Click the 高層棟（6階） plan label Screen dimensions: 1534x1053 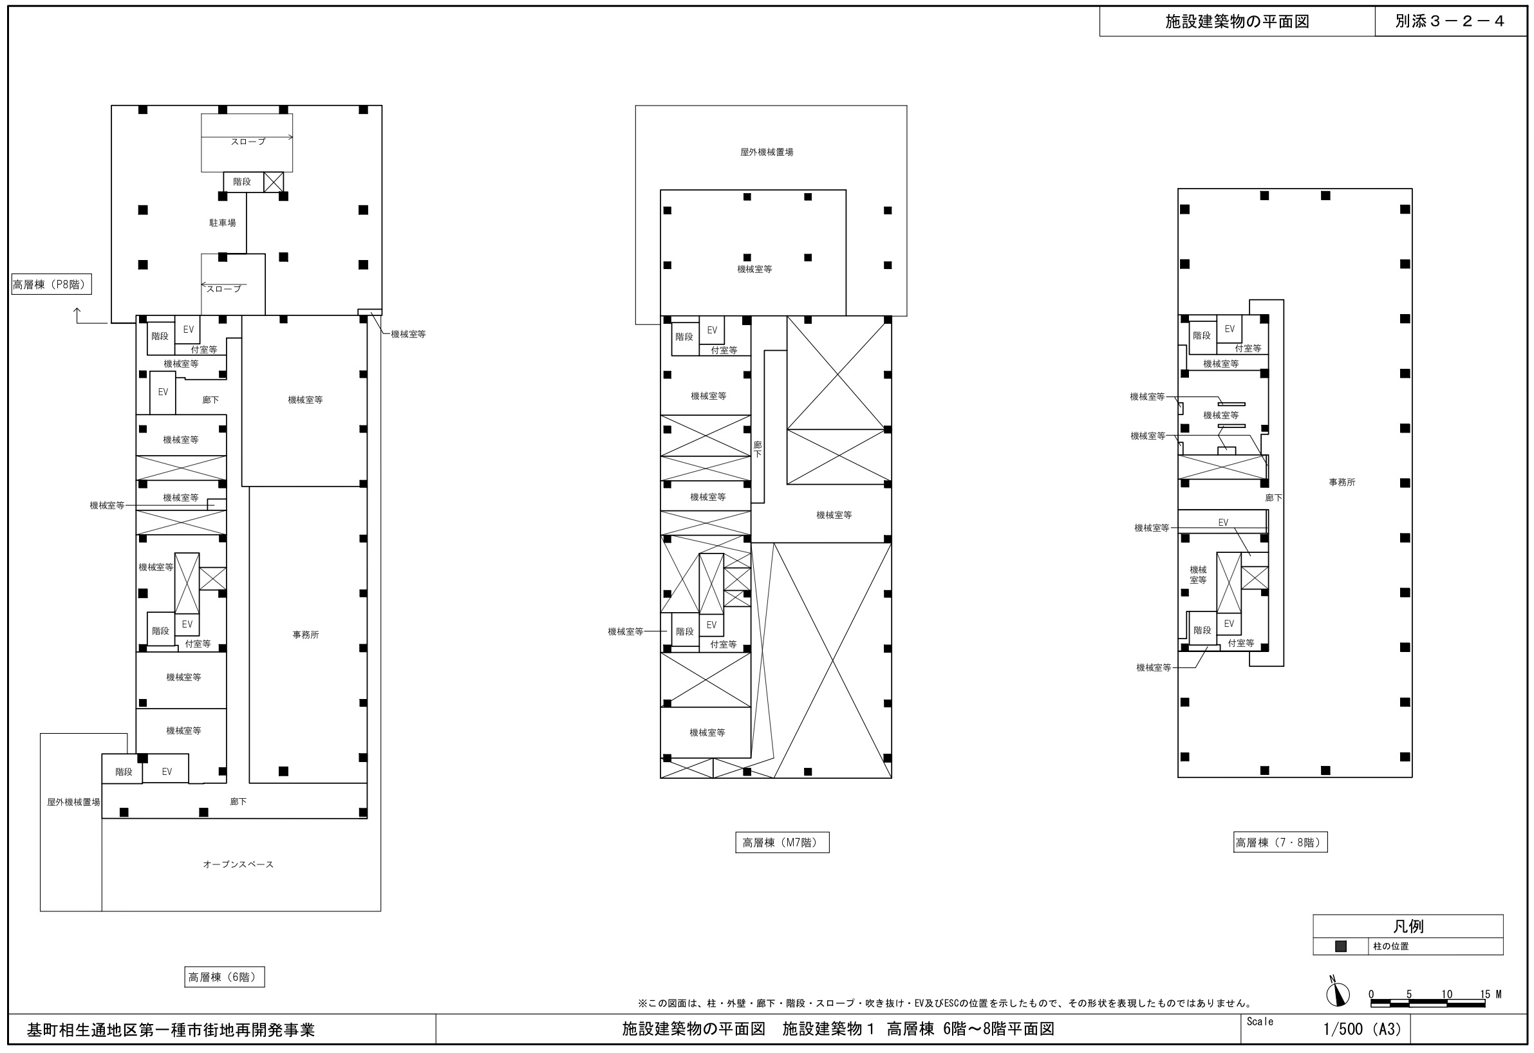(x=225, y=977)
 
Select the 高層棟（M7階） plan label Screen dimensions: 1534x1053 (x=782, y=843)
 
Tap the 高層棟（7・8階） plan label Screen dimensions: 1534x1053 (x=1280, y=843)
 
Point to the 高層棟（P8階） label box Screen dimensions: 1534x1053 (x=51, y=284)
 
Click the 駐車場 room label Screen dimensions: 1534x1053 (x=223, y=223)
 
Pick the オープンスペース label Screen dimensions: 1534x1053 (x=238, y=864)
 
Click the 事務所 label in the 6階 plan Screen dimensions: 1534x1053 (x=306, y=635)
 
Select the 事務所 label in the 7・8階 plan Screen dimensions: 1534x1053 (x=1342, y=483)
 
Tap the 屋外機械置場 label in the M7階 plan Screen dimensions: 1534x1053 (x=767, y=152)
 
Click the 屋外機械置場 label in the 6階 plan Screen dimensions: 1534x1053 (x=74, y=802)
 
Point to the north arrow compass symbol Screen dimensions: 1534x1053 (x=1337, y=994)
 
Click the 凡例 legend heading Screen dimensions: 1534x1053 (x=1408, y=926)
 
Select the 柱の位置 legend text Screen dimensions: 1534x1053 (x=1390, y=946)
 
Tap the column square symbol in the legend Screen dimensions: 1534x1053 (x=1341, y=946)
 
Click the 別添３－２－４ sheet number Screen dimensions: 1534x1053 (x=1450, y=21)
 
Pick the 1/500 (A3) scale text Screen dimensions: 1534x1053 (x=1362, y=1029)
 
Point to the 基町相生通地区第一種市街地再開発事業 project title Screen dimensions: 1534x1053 (x=171, y=1030)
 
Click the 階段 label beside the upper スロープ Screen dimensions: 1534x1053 (x=242, y=182)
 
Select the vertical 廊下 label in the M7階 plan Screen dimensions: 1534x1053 (x=758, y=450)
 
